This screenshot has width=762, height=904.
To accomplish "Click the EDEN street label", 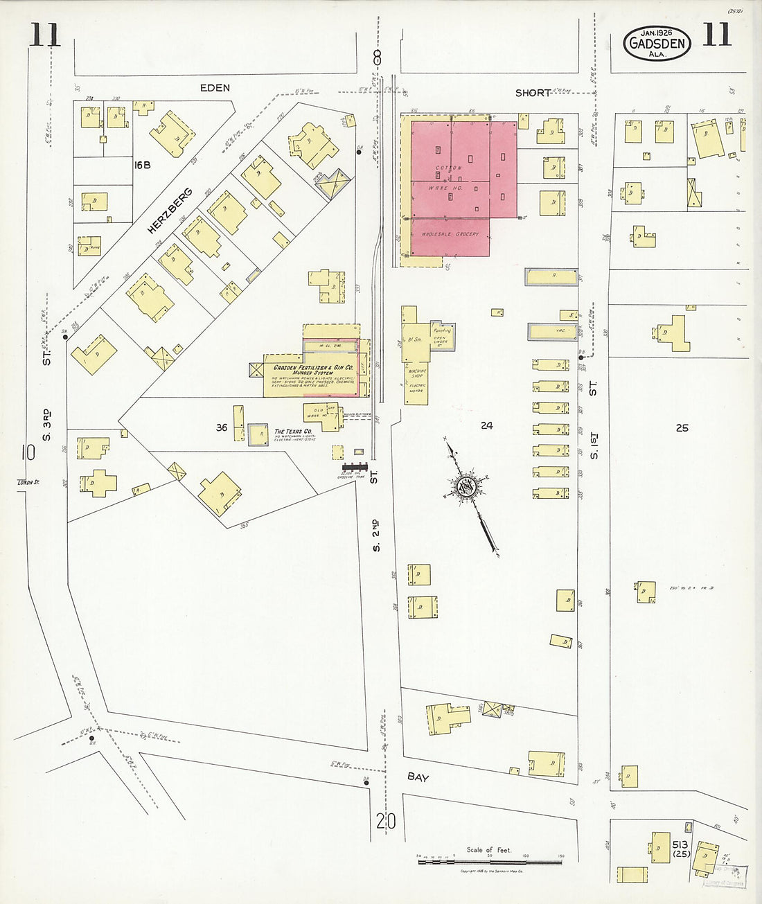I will pyautogui.click(x=215, y=88).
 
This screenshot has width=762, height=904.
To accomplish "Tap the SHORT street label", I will pyautogui.click(x=533, y=93).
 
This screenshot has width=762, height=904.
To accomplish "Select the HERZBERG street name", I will pyautogui.click(x=169, y=211).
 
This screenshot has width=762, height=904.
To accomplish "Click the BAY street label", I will pyautogui.click(x=418, y=777).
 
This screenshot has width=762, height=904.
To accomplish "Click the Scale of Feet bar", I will pyautogui.click(x=489, y=862).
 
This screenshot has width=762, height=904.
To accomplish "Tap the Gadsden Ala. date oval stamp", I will pyautogui.click(x=657, y=44).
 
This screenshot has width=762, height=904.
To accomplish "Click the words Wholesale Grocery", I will pyautogui.click(x=450, y=235).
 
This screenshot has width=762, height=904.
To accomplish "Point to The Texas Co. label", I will pyautogui.click(x=293, y=431).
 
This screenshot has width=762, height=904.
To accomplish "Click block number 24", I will pyautogui.click(x=487, y=425).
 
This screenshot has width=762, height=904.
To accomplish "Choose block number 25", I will pyautogui.click(x=682, y=428).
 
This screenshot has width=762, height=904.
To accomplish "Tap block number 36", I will pyautogui.click(x=221, y=427).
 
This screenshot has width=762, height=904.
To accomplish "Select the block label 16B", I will pyautogui.click(x=143, y=165).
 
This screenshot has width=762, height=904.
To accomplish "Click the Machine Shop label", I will pyautogui.click(x=417, y=373).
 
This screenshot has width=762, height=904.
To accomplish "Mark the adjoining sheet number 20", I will pyautogui.click(x=386, y=822).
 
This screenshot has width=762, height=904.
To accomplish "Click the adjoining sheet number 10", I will pyautogui.click(x=28, y=453).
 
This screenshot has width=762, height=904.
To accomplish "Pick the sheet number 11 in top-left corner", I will pyautogui.click(x=44, y=35).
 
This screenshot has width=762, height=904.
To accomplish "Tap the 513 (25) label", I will pyautogui.click(x=680, y=849).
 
